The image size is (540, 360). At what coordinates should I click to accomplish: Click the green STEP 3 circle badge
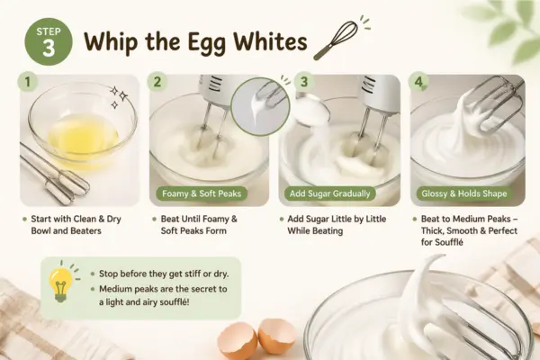(x=49, y=41)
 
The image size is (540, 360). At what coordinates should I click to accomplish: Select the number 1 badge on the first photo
(x=27, y=82)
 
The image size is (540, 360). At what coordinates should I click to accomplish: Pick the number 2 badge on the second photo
(x=157, y=82)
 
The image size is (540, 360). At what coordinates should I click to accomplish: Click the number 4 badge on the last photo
(x=418, y=82)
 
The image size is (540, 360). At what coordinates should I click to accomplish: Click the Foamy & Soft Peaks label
(x=202, y=193)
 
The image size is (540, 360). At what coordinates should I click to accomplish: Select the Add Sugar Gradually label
(x=329, y=193)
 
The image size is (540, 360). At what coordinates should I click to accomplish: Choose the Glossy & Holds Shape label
(x=463, y=193)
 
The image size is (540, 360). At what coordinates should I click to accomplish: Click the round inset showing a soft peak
(x=260, y=107)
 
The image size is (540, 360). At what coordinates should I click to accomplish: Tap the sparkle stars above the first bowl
(x=118, y=97)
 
